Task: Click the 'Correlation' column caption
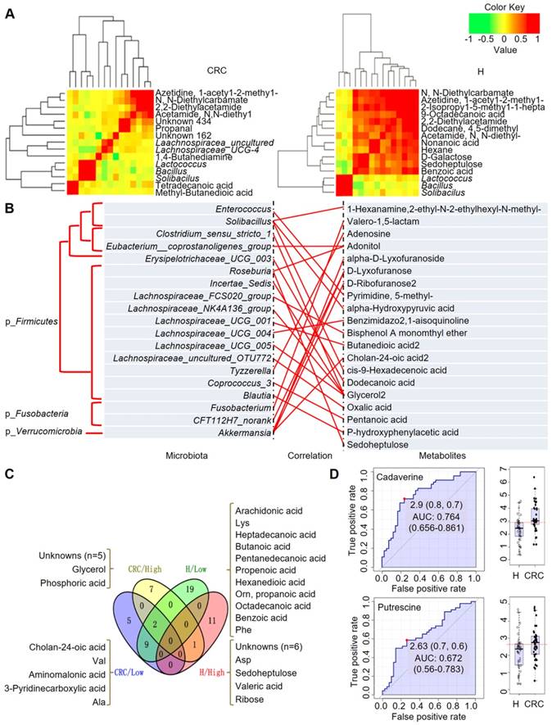click(x=306, y=452)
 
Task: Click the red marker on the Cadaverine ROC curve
click(x=403, y=499)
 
